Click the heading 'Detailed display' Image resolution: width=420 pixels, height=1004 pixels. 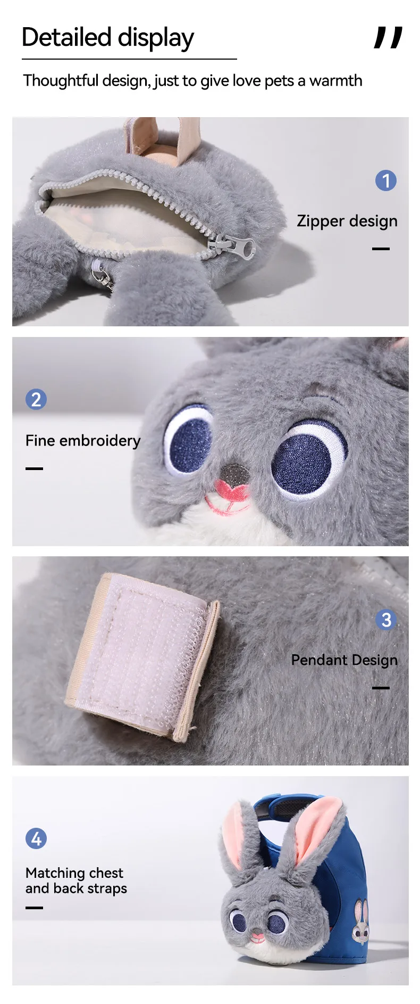(x=108, y=38)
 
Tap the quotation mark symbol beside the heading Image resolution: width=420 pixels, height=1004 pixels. (x=388, y=38)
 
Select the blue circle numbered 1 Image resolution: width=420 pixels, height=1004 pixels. (x=386, y=180)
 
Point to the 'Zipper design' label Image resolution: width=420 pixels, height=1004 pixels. (x=347, y=221)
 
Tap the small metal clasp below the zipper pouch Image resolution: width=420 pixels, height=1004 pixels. (x=102, y=276)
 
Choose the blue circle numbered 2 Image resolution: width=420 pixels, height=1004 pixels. (x=36, y=399)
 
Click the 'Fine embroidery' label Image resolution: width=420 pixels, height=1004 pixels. (x=83, y=441)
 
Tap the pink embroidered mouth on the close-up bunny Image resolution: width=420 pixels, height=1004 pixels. (x=230, y=498)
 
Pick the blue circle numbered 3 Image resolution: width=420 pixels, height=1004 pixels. (x=386, y=620)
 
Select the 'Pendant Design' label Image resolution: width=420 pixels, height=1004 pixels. (x=345, y=660)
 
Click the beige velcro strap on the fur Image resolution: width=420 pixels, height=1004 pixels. (x=142, y=656)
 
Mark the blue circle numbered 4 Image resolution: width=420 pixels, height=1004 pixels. (x=36, y=838)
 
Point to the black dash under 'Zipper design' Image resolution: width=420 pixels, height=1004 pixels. (x=381, y=249)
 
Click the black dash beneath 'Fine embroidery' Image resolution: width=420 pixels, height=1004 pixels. (x=34, y=468)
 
